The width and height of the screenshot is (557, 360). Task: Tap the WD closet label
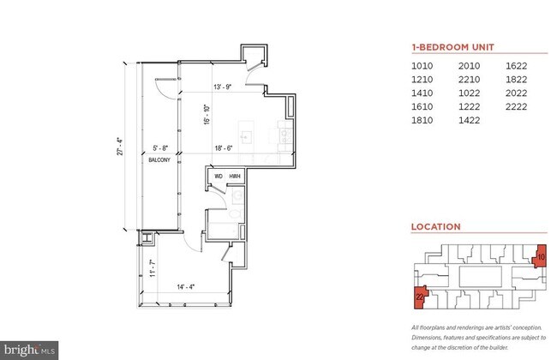coord(219,177)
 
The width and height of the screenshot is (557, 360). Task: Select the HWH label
coord(234,177)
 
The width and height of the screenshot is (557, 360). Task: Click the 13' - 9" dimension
coord(224,87)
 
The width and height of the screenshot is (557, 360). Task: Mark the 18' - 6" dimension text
coord(225,148)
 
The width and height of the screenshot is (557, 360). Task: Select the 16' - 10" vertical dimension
coord(206,115)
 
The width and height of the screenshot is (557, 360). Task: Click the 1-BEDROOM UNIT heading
coord(452,48)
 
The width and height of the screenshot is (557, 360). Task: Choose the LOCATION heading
coord(436,227)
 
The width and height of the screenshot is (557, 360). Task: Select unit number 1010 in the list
coord(422,66)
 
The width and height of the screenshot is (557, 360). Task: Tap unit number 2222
coord(517,107)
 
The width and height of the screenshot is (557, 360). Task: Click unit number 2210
coord(470,80)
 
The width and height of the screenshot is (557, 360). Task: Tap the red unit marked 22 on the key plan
coord(419,297)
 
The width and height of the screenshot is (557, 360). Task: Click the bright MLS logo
coord(31,349)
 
